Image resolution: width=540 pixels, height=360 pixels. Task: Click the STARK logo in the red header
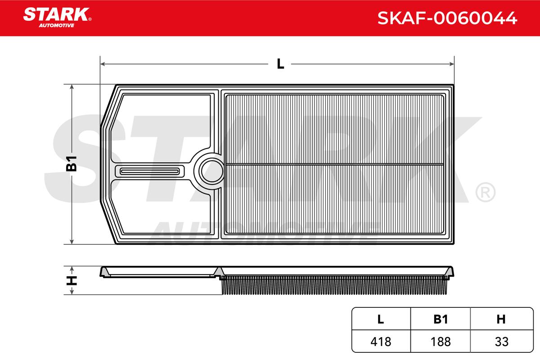point(57,18)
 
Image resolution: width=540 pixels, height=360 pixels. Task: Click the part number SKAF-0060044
point(447,18)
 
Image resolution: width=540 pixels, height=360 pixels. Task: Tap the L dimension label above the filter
point(280,64)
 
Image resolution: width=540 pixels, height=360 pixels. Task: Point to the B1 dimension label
point(72,164)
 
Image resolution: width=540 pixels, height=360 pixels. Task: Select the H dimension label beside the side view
point(72,280)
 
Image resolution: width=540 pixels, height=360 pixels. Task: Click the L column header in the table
point(381,319)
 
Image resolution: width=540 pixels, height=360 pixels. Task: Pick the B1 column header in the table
point(441,319)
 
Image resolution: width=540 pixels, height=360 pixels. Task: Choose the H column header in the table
point(501,319)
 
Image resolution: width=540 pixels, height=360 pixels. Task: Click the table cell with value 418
point(381,342)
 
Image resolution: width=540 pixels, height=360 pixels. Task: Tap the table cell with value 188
point(441,342)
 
